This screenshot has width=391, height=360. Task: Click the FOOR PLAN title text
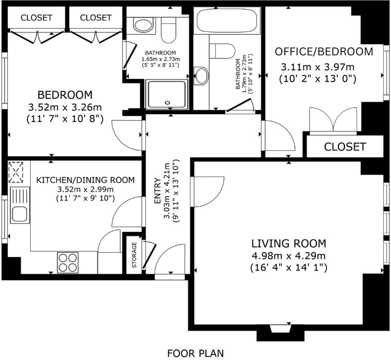[195, 353]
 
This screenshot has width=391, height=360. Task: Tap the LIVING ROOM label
[289, 243]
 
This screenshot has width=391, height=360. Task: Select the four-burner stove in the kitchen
[68, 262]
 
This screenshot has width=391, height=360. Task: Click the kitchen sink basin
[19, 214]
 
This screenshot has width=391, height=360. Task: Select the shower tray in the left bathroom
[167, 94]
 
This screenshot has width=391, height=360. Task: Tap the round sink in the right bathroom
[201, 76]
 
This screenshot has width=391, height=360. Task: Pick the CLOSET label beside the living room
[345, 147]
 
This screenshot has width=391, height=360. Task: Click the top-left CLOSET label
[36, 17]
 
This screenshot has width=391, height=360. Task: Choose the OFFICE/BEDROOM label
[324, 52]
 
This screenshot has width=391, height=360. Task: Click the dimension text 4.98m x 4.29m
[289, 256]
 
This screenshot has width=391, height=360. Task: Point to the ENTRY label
[157, 190]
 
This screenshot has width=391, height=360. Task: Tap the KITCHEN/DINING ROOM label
[86, 180]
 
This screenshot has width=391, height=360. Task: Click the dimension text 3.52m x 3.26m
[65, 107]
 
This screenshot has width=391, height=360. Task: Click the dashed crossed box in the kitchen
[16, 172]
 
